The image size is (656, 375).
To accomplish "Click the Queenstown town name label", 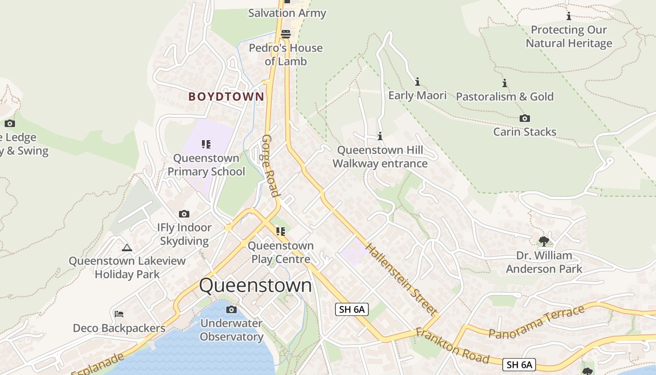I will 255,285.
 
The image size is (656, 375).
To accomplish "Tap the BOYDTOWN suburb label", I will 226,97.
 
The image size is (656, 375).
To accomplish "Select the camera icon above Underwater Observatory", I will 231,309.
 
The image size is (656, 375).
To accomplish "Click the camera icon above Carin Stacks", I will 525,118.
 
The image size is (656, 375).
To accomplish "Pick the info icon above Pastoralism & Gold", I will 505,83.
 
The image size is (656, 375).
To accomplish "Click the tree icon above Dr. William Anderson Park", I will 544,241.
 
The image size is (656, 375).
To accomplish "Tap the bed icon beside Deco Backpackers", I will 119,314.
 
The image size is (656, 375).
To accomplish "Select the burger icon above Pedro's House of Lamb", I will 286,34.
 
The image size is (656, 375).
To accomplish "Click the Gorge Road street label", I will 271,166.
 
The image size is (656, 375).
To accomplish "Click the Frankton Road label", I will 452,346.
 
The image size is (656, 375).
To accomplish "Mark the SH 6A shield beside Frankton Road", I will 519,365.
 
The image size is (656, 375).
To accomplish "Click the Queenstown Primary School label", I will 206,165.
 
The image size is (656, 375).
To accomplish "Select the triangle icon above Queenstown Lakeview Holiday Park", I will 127,247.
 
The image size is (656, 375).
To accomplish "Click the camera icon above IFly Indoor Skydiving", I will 184,214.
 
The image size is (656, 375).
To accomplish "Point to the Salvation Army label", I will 287,13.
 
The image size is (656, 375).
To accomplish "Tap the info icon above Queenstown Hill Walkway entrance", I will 380,136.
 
